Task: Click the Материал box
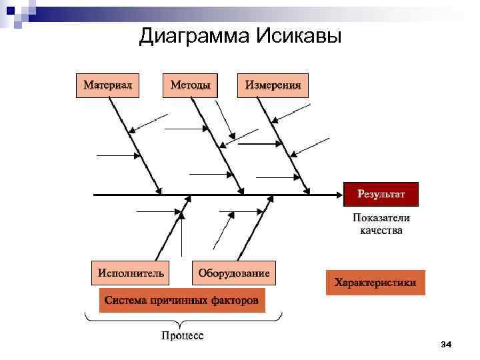coord(108,85)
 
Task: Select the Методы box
coord(190,85)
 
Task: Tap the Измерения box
coord(273,85)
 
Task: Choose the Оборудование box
coord(234,273)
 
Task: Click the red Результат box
coord(381,194)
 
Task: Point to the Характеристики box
coord(375,283)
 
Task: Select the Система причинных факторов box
coord(181,301)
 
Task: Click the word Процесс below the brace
coord(182,335)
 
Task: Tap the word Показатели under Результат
coord(381,218)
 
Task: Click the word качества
coord(381,231)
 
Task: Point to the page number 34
coord(446,344)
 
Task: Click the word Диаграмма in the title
coord(194,36)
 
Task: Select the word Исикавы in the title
coord(298,36)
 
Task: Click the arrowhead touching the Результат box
coord(339,195)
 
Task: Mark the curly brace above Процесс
coord(182,321)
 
